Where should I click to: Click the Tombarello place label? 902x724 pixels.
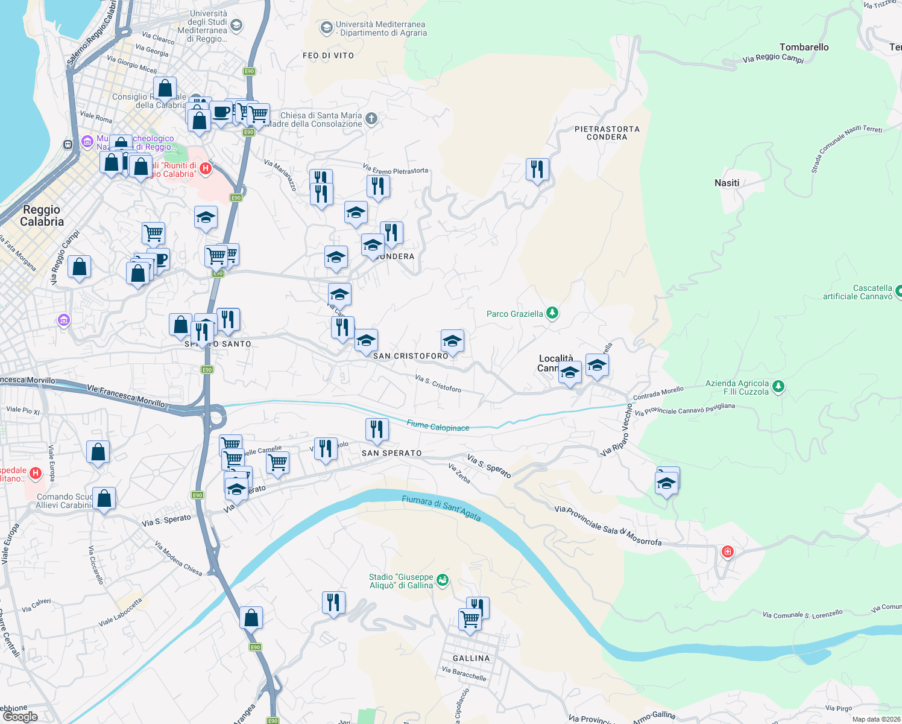click(x=804, y=47)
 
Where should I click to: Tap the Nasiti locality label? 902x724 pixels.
click(x=727, y=183)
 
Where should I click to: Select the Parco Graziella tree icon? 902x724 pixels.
click(x=552, y=313)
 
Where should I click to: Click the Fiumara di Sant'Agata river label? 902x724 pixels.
click(x=441, y=507)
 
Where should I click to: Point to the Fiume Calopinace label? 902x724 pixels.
click(x=438, y=427)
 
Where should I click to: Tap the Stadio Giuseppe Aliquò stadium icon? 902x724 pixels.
click(x=443, y=580)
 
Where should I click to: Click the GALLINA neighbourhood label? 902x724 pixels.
click(x=471, y=658)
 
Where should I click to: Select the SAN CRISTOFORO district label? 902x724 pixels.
click(x=411, y=356)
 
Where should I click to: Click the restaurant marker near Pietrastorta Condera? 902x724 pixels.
click(x=537, y=170)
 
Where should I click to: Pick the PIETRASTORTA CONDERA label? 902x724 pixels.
click(x=607, y=133)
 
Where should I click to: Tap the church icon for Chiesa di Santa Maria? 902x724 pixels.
click(x=371, y=119)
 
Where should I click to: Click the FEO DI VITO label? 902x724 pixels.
click(x=328, y=56)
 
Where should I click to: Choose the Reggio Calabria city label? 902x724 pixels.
click(x=42, y=215)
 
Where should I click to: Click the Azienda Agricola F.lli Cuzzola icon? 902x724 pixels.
click(x=778, y=387)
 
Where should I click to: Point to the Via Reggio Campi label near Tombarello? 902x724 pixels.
click(x=773, y=58)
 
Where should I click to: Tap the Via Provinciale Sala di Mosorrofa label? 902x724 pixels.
click(x=608, y=526)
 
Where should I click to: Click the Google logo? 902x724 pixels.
click(x=20, y=717)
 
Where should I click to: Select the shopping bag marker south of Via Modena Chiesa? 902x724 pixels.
click(x=251, y=618)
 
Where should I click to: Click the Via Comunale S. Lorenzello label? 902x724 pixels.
click(x=802, y=615)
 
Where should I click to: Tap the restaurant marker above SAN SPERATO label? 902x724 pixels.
click(x=377, y=430)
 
